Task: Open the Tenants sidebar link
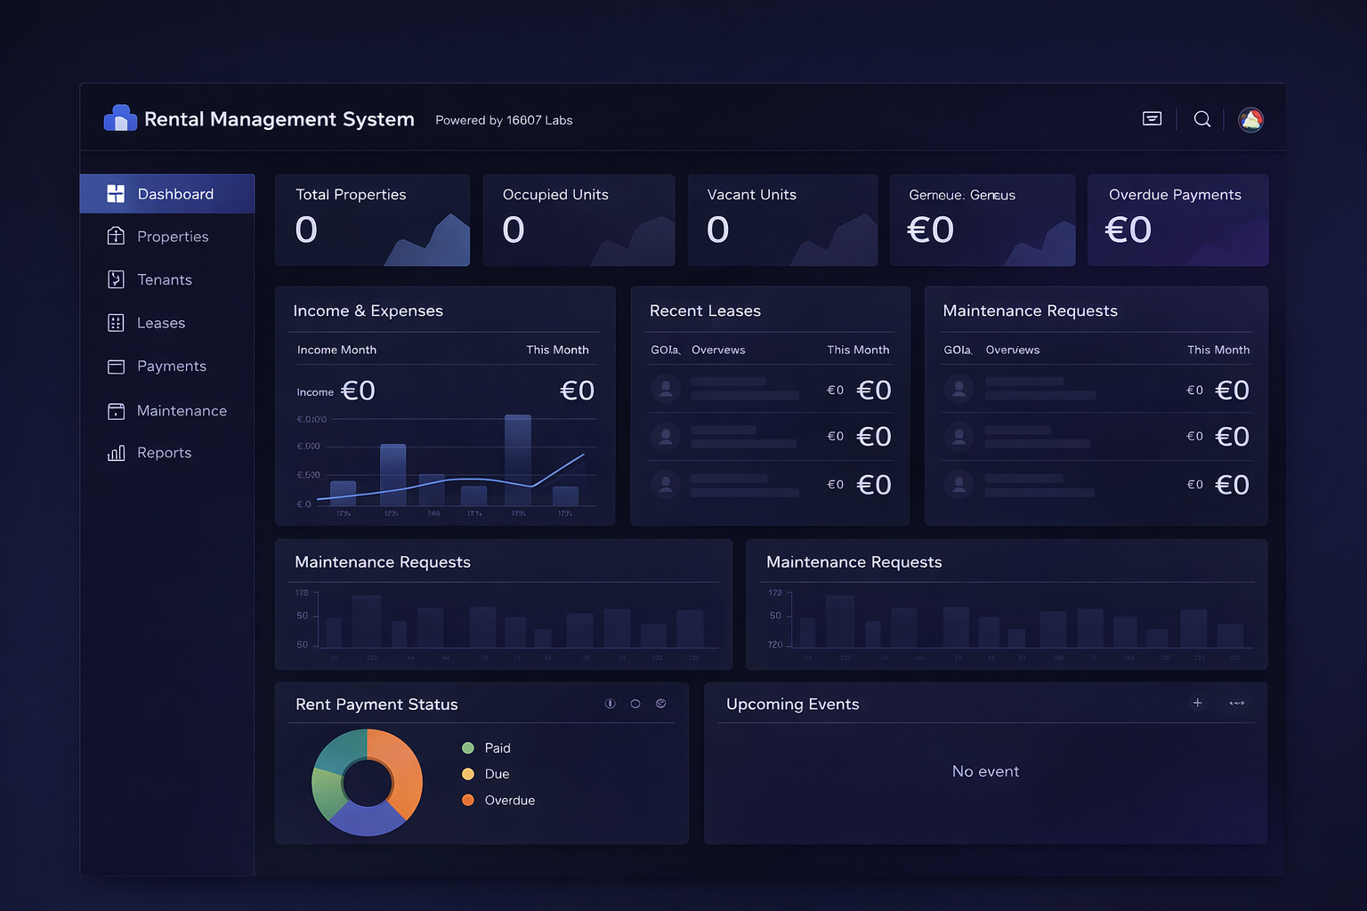tap(164, 279)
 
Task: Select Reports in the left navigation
tap(164, 453)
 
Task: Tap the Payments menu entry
tap(171, 367)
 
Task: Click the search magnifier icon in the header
tap(1202, 119)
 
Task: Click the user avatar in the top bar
tap(1250, 120)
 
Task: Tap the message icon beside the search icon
tap(1152, 119)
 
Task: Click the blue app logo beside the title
tap(120, 118)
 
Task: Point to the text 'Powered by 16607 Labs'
tap(504, 120)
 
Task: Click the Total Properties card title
tap(351, 195)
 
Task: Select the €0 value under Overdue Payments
tap(1128, 230)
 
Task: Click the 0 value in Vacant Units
tap(717, 230)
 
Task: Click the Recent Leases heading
tap(705, 310)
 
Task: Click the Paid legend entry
tap(497, 748)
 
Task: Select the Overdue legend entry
tap(509, 801)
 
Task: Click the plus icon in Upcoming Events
tap(1197, 703)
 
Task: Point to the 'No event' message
tap(985, 771)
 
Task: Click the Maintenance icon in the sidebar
tap(116, 411)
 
